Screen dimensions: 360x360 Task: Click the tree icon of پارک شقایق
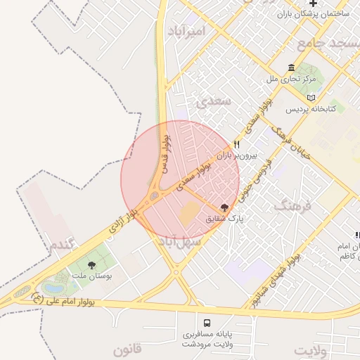[224, 207]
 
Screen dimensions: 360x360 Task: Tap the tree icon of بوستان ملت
[91, 264]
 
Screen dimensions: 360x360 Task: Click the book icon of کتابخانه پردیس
[311, 97]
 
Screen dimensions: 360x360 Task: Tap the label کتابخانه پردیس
[311, 110]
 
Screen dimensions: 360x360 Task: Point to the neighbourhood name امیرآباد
[186, 32]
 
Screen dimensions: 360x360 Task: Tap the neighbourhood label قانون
[128, 349]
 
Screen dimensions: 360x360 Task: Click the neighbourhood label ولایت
[311, 349]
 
